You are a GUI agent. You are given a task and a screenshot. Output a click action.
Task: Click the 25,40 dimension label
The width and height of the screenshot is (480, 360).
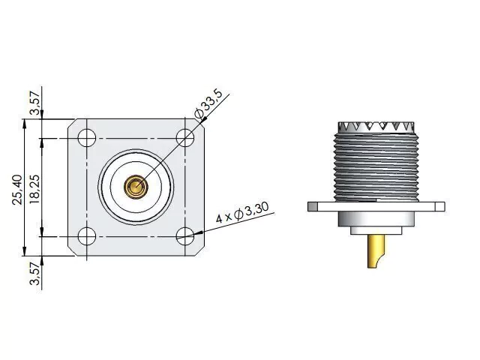(x=17, y=190)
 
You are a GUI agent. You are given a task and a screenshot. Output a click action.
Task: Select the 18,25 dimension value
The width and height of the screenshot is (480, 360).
(x=34, y=190)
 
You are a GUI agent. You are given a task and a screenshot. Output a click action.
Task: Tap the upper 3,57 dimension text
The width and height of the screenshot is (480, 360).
(x=34, y=103)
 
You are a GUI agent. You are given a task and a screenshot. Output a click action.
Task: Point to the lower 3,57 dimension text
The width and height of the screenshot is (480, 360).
(x=34, y=273)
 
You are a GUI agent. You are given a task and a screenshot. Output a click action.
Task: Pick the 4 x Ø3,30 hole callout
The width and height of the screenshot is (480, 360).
(x=242, y=211)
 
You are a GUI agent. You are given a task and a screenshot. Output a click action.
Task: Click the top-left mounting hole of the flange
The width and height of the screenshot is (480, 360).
(x=87, y=138)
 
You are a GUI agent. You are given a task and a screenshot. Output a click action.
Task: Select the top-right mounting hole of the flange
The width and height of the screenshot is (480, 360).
(x=185, y=138)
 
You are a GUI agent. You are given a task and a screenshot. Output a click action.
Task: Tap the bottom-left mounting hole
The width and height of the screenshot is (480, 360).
(x=87, y=236)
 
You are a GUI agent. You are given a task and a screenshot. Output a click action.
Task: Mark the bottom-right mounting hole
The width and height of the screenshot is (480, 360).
(x=185, y=236)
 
